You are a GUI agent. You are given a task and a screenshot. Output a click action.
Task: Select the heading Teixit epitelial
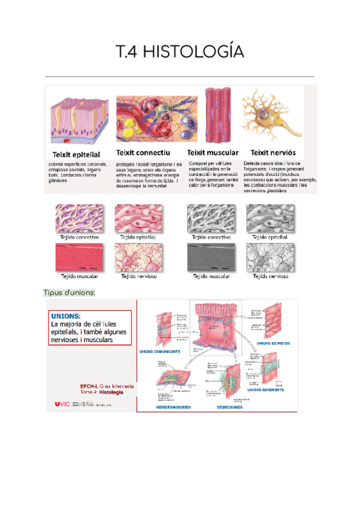click(x=74, y=154)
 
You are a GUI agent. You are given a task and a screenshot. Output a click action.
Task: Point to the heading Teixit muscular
click(x=213, y=153)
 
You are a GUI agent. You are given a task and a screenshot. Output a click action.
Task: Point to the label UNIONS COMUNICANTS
click(x=159, y=351)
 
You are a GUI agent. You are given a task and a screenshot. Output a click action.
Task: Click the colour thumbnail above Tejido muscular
click(x=79, y=259)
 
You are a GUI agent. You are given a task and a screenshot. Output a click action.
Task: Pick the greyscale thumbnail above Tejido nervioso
click(x=270, y=259)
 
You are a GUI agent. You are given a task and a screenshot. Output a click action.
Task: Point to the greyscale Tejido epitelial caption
click(x=270, y=237)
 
